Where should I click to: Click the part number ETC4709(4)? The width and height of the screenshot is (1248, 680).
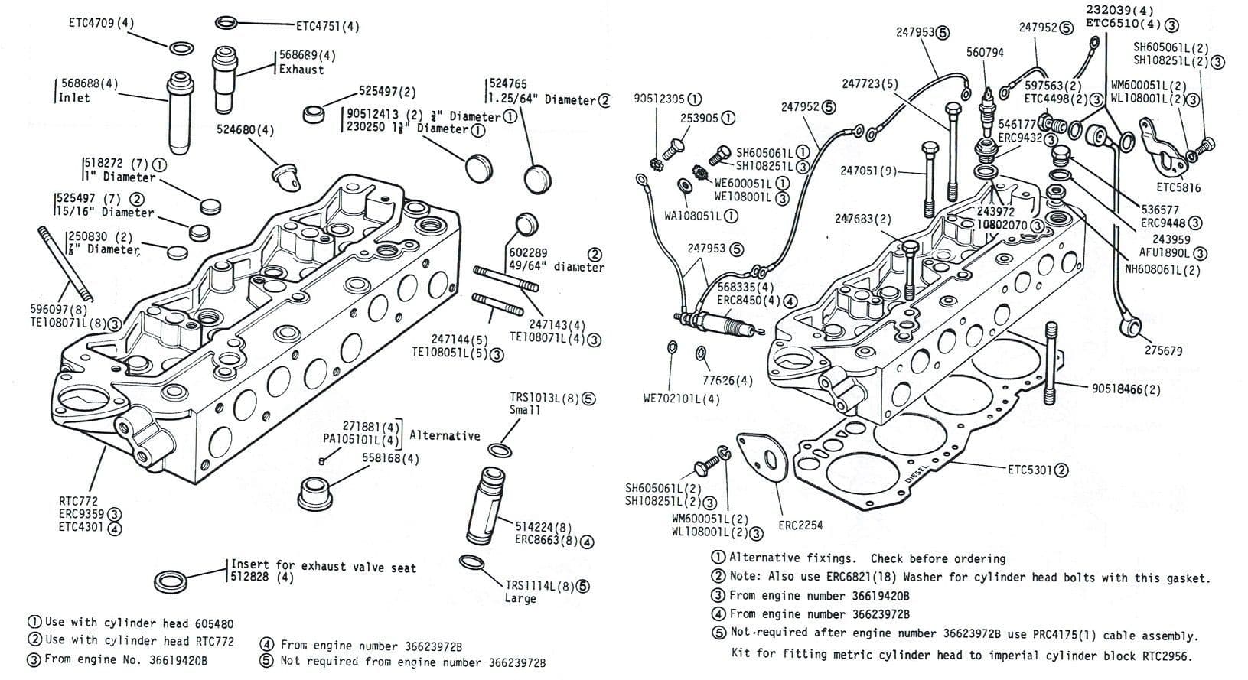tap(100, 22)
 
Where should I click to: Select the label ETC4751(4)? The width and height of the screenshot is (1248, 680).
tap(327, 26)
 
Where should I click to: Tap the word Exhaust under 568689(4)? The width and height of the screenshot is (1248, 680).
tap(301, 70)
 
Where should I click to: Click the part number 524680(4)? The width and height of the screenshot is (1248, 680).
tap(245, 130)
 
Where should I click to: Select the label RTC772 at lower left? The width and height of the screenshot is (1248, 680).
tap(78, 501)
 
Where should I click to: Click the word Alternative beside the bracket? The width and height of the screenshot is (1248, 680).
tap(445, 435)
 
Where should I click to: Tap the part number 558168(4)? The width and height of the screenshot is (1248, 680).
tap(390, 458)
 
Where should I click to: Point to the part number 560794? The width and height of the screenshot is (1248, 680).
tap(985, 53)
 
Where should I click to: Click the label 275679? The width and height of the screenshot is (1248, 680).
tap(1163, 350)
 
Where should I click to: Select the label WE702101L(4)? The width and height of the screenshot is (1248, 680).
tap(681, 399)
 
